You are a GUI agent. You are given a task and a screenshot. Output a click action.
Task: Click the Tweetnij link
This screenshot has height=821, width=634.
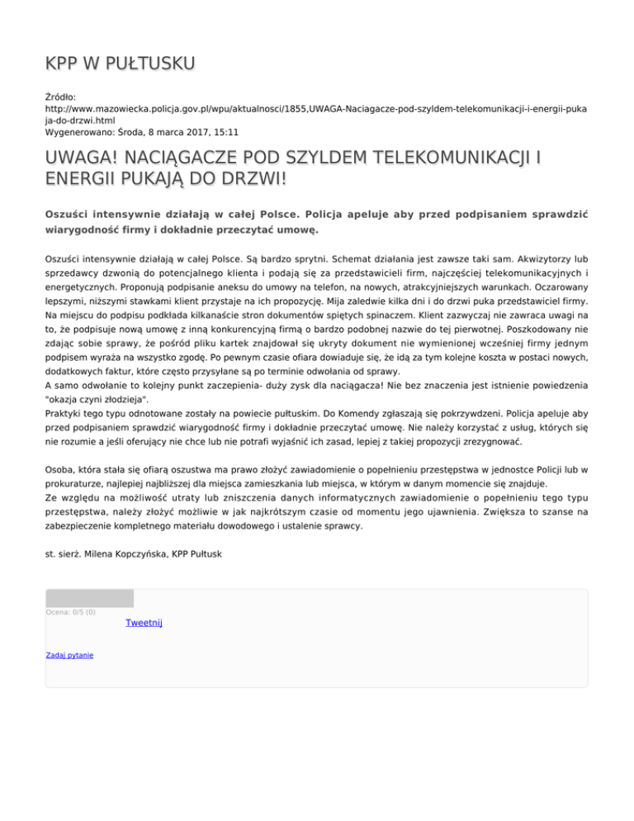[144, 623]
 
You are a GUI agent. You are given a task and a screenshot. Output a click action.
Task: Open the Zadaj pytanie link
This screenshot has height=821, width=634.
[69, 655]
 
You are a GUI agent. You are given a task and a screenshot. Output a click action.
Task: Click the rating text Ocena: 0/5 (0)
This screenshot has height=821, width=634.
[71, 612]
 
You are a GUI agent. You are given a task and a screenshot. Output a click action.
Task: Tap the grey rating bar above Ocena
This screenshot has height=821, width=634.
[89, 598]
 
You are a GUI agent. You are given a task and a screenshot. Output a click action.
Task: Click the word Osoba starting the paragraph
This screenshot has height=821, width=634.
[60, 469]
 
